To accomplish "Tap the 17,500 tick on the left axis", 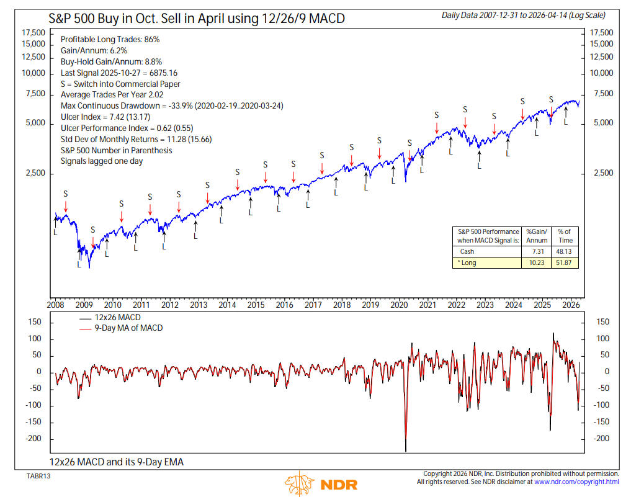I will click(34, 32).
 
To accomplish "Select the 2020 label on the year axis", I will click(399, 305).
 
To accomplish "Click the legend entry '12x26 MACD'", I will click(119, 318).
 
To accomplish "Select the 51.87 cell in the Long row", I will click(564, 263).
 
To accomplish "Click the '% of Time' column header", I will click(564, 236).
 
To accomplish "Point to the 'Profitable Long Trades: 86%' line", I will click(110, 39).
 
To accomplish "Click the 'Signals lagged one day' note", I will click(102, 161).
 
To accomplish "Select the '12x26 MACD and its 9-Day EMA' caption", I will click(117, 462).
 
